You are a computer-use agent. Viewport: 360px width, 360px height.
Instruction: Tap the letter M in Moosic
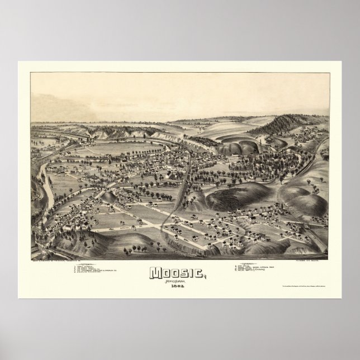[158, 272]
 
